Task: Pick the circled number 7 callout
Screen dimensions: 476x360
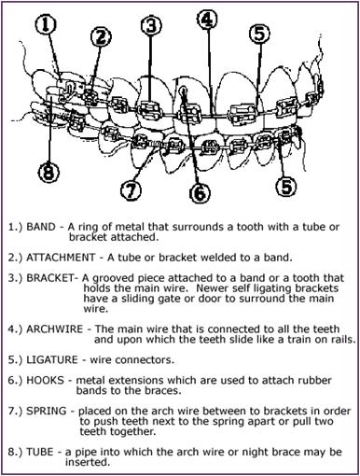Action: click(133, 190)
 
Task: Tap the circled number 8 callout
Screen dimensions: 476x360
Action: click(50, 173)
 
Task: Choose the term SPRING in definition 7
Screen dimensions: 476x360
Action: click(50, 409)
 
